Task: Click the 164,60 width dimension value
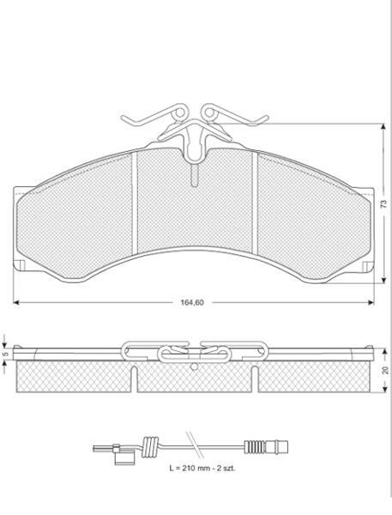(x=192, y=302)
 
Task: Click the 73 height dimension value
(x=383, y=204)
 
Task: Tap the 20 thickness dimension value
(x=385, y=370)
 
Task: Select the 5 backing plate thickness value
(x=5, y=354)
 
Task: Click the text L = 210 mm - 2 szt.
(x=202, y=469)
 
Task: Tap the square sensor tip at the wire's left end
(x=124, y=455)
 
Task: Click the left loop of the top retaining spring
(x=179, y=112)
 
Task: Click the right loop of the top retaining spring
(x=209, y=112)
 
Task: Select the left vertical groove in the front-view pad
(x=134, y=203)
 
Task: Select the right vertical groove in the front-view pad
(x=255, y=203)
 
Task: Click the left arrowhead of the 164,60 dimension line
(x=16, y=302)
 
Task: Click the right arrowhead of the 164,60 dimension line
(x=371, y=302)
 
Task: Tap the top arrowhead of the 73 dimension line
(x=383, y=127)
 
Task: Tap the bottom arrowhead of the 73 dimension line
(x=383, y=280)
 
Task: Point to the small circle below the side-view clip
(x=195, y=366)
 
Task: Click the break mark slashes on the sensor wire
(x=195, y=445)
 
